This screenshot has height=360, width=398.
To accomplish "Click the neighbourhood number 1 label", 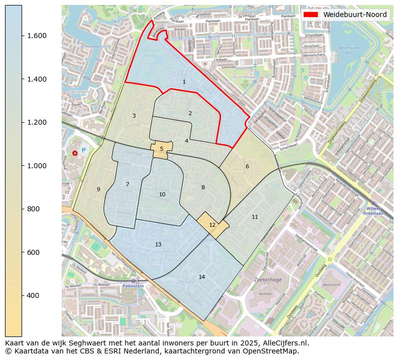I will (184, 82).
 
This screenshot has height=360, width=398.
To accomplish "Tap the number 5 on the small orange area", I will (161, 149).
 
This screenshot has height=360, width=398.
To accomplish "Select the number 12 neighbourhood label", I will (212, 225).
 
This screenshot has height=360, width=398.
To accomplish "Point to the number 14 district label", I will (202, 277).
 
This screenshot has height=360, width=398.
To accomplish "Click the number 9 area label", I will (98, 189).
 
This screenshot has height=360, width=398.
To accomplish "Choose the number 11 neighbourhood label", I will (255, 217).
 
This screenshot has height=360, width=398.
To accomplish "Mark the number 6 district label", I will (247, 166).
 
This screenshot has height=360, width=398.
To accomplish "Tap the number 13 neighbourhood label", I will (158, 244).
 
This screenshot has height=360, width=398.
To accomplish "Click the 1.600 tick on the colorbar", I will (37, 36).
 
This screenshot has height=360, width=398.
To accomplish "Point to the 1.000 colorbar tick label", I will (37, 166).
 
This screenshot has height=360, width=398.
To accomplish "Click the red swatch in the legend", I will (312, 15).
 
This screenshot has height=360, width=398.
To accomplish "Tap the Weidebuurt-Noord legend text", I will (355, 15).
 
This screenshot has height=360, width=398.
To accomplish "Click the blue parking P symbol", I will (84, 150).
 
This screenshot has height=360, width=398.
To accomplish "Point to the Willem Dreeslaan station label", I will (375, 210).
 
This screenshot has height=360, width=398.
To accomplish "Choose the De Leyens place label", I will (79, 92).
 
